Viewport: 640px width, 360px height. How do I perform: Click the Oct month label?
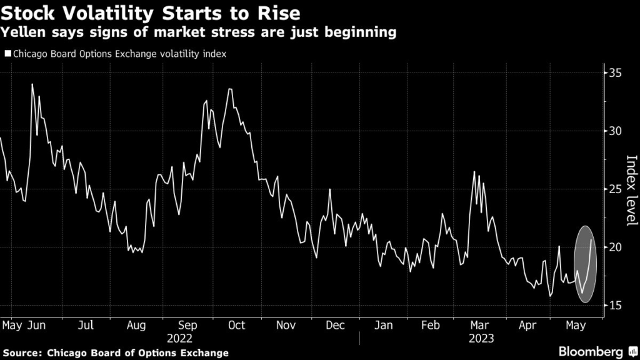[236, 325]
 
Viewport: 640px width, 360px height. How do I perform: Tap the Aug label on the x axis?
[136, 325]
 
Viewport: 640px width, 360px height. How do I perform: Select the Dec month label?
[336, 325]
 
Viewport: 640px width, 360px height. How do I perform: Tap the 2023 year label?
[481, 338]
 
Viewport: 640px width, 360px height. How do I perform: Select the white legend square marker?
[7, 54]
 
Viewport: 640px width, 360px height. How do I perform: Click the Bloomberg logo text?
[591, 351]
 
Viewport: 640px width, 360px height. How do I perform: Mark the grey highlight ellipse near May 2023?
[585, 264]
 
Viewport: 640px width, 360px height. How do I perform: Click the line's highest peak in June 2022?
[32, 84]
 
